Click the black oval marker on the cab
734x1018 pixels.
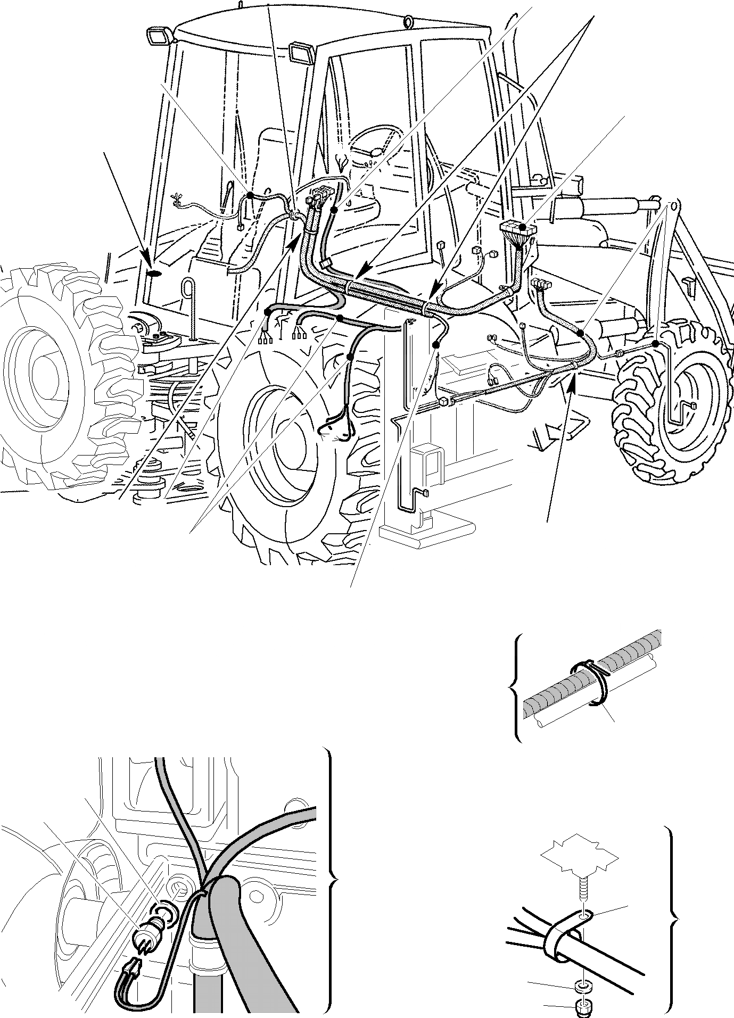tap(154, 274)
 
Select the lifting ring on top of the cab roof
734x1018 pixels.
tap(408, 21)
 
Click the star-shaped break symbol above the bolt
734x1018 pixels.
tap(580, 859)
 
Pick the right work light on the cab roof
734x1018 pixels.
tap(301, 54)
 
